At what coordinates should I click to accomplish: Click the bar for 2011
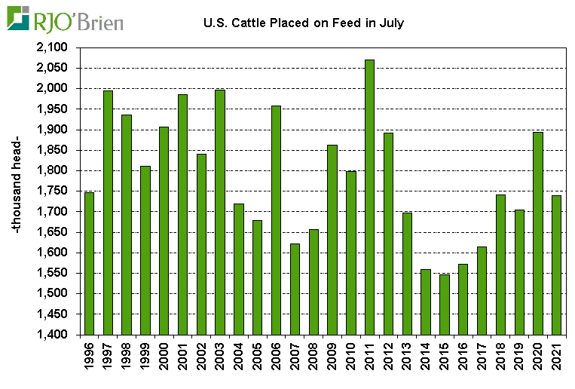point(369,197)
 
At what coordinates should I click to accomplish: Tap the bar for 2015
point(444,305)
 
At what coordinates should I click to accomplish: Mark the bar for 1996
point(89,263)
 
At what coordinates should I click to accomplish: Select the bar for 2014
point(425,302)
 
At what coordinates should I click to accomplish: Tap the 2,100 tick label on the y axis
point(52,47)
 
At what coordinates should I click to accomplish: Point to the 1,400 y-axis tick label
point(52,335)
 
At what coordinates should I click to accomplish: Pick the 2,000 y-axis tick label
point(52,89)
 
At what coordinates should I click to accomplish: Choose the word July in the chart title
point(391,23)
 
